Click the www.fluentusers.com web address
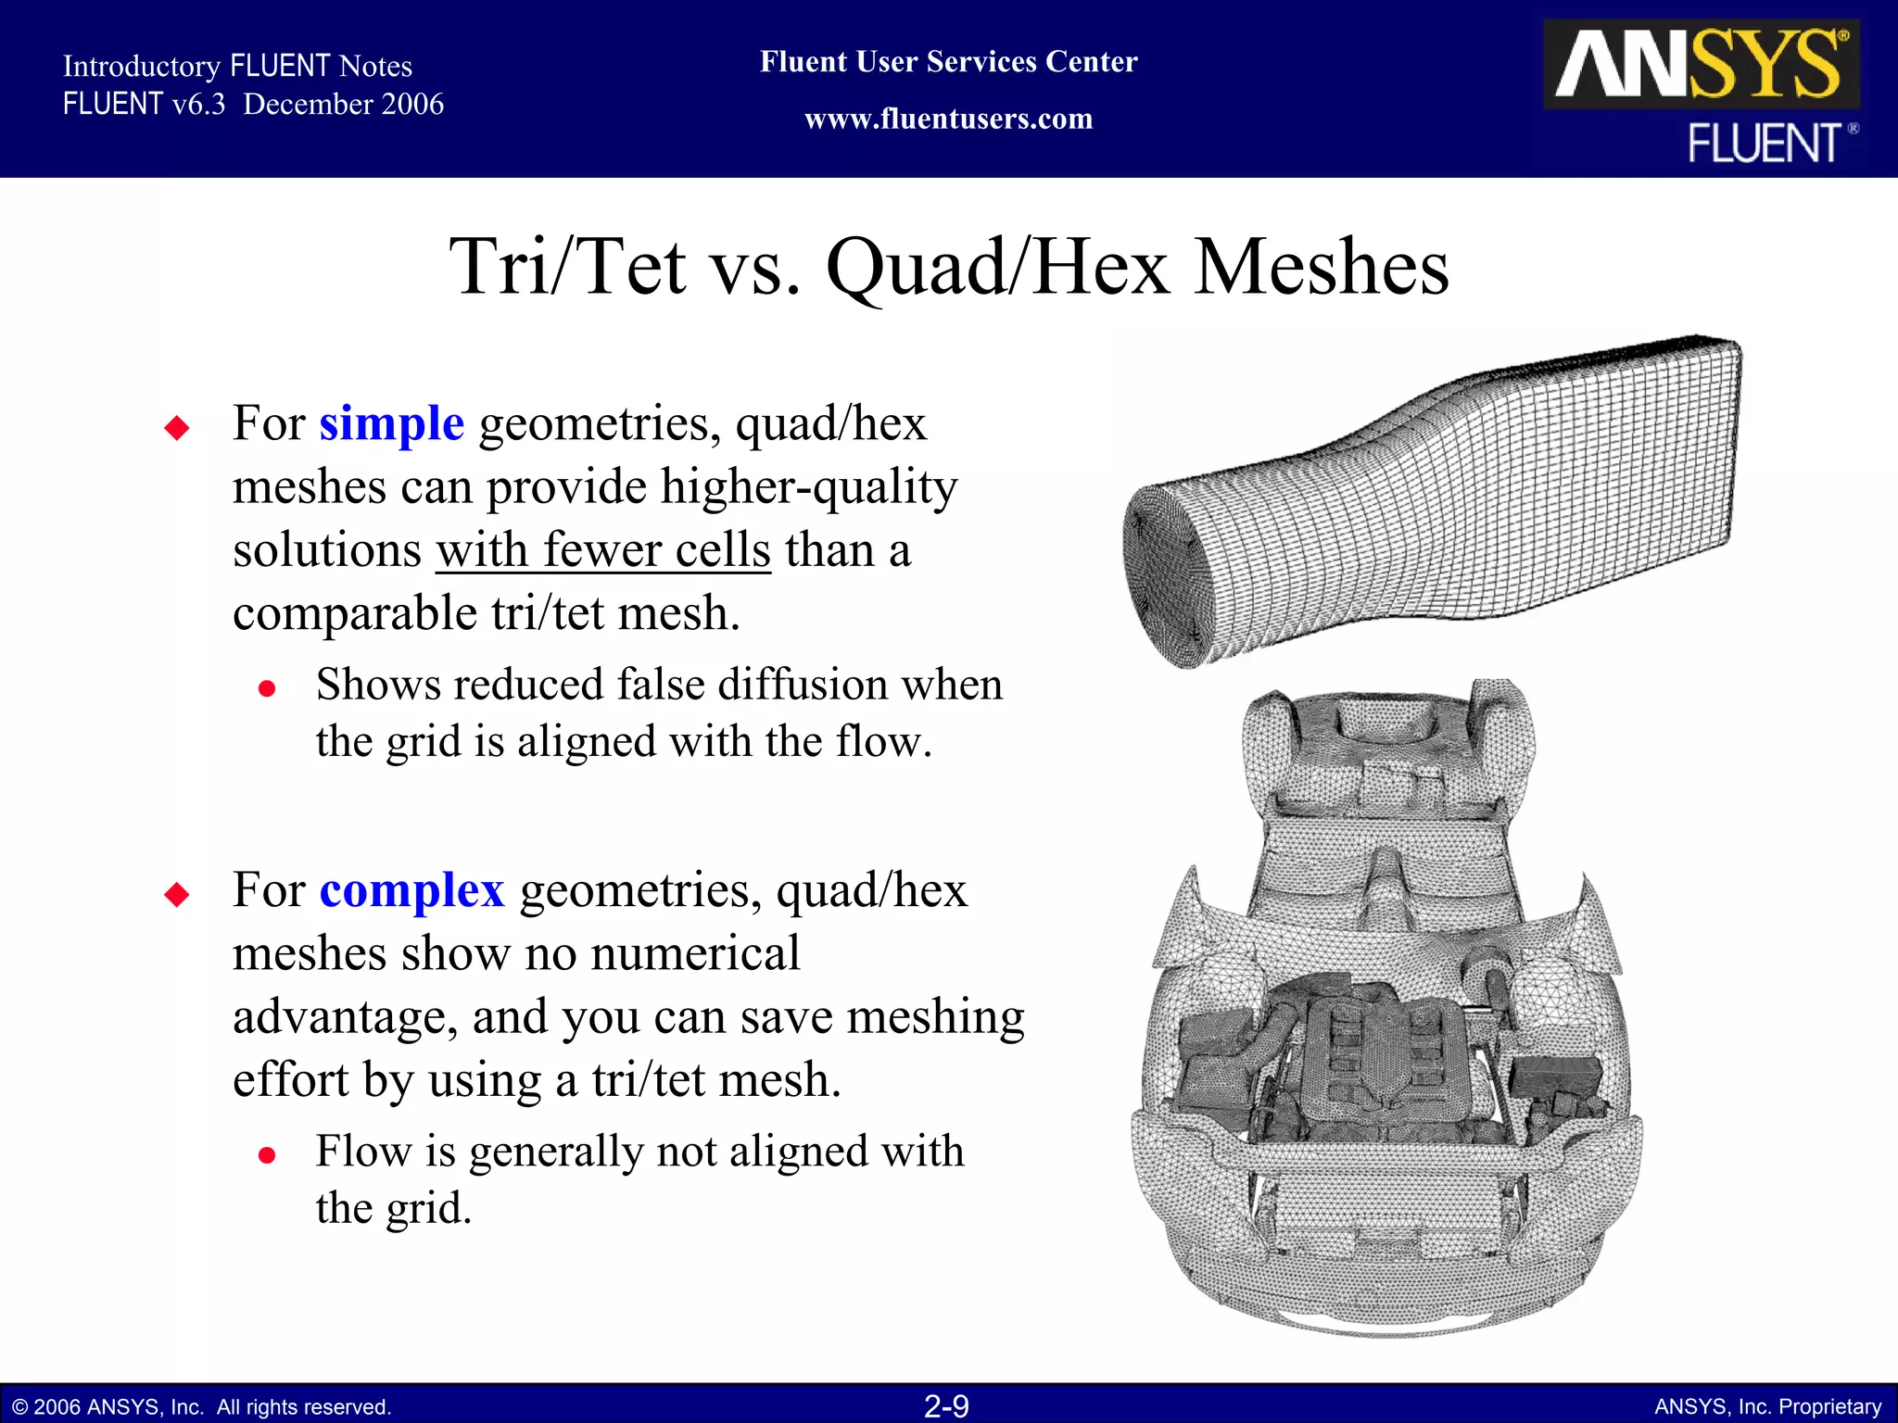948,120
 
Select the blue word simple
391,424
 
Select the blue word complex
411,891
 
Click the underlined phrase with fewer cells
603,550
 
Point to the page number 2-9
946,1406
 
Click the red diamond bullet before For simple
176,428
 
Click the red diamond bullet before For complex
176,895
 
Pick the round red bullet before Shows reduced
267,688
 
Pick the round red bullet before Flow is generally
267,1155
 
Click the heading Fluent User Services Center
948,62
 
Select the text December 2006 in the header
343,105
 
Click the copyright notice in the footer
202,1407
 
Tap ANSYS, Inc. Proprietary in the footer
1767,1407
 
